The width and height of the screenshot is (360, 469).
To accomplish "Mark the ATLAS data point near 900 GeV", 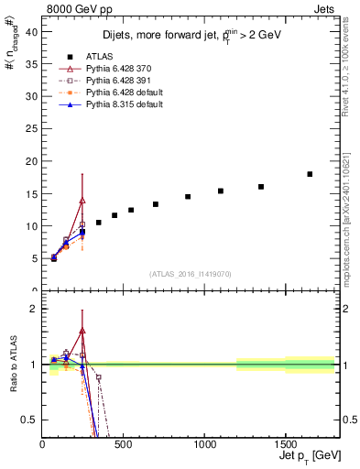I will pos(188,196).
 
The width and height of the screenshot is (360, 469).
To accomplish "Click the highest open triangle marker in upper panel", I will pos(82,200).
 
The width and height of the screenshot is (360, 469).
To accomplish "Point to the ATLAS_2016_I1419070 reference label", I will pos(191,273).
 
